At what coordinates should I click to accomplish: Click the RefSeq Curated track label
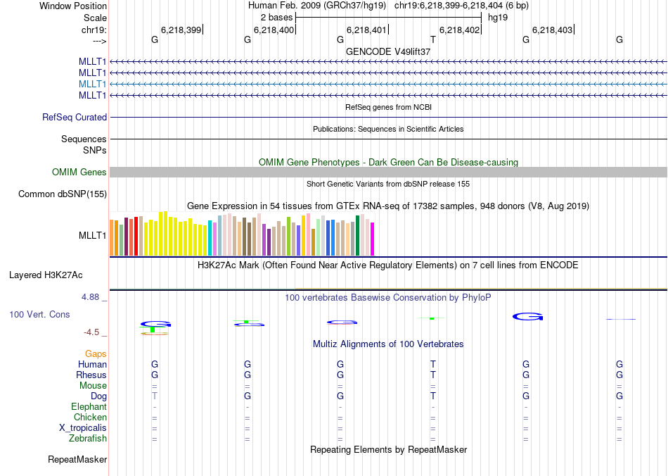coord(75,118)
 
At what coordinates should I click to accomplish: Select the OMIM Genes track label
coord(79,173)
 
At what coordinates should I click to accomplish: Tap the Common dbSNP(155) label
coord(63,194)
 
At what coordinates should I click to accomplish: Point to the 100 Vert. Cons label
coord(40,314)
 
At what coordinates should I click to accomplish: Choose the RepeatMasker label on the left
coord(77,460)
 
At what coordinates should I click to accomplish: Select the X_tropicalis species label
coord(83,428)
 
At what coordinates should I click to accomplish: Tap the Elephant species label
coord(89,407)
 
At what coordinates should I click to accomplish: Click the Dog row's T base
coord(155,396)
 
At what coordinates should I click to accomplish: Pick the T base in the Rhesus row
coord(433,375)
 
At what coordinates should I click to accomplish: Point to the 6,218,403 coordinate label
coord(553,30)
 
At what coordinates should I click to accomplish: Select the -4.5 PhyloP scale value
coord(95,332)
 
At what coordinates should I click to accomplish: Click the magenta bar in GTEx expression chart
coord(373,239)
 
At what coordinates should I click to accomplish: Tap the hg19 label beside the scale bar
coord(498,17)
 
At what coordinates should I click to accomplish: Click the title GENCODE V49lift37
coord(388,52)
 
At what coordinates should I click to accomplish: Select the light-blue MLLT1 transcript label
coord(93,84)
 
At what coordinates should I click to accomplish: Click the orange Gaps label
coord(96,354)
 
